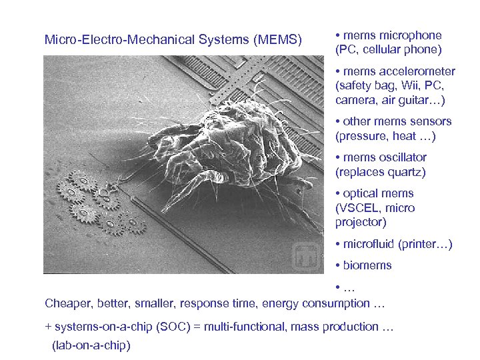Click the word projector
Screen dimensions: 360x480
tap(361, 222)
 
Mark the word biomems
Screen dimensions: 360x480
tap(367, 265)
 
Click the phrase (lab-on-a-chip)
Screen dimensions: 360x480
tap(91, 345)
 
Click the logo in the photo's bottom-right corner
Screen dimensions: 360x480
tap(308, 256)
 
